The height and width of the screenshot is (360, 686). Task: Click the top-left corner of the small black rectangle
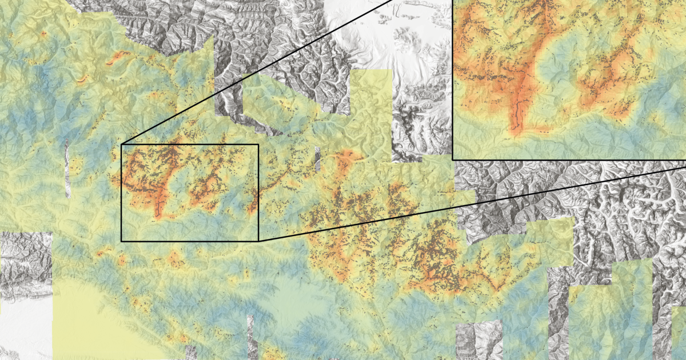tap(122, 145)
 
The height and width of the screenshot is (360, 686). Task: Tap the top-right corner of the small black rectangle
tap(258, 145)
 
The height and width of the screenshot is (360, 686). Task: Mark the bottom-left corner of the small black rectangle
tap(122, 241)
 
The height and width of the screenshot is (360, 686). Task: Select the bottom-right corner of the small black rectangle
tap(258, 241)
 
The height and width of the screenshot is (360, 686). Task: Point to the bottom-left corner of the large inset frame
tap(453, 159)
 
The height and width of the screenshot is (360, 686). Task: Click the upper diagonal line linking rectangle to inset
tap(257, 72)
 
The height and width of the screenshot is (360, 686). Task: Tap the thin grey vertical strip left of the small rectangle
tap(67, 169)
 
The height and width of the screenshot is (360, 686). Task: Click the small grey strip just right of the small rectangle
tap(317, 159)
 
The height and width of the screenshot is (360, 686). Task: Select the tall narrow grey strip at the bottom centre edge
tap(250, 337)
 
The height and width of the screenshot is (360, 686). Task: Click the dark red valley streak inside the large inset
tap(517, 103)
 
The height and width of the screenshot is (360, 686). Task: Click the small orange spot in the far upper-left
tap(43, 34)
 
